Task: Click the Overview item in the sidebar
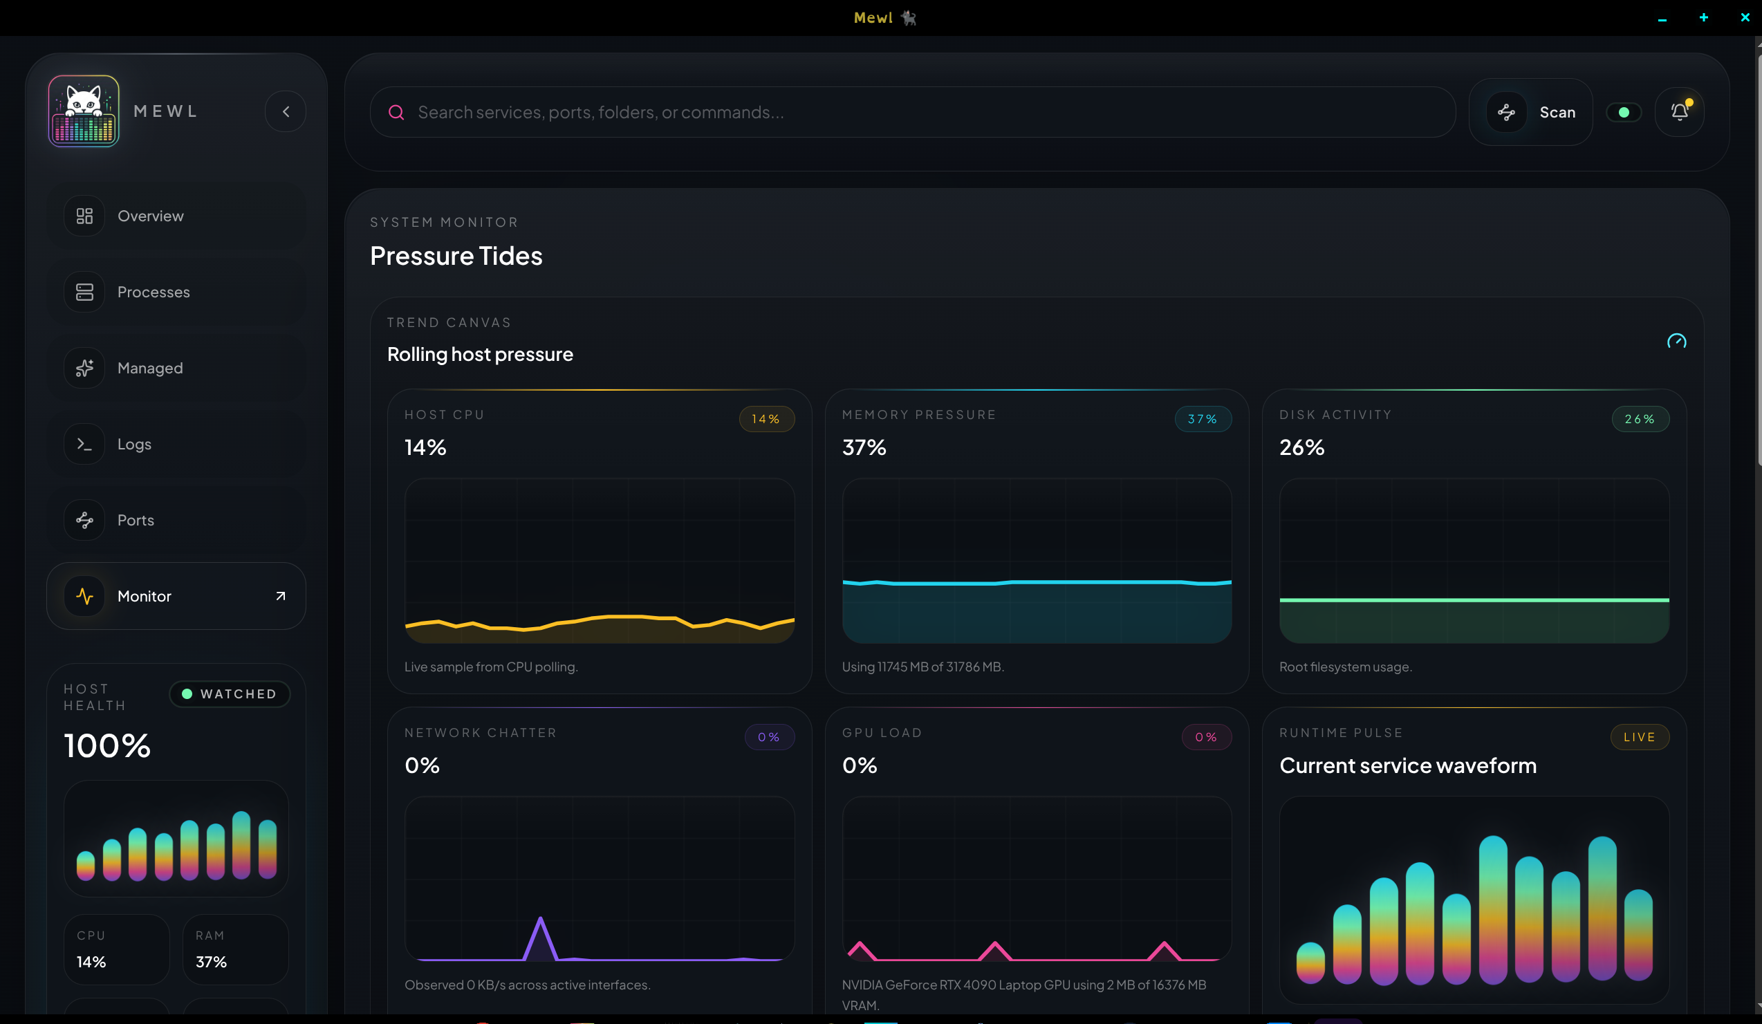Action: [149, 216]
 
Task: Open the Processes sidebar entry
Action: [152, 292]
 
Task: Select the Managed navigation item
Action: [149, 369]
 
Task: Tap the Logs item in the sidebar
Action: [133, 445]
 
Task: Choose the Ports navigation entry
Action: [135, 520]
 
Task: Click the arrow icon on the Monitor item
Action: [280, 596]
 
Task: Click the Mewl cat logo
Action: [84, 111]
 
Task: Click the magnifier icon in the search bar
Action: [396, 113]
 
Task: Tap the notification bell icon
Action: [1680, 112]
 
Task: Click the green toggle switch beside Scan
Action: [1624, 113]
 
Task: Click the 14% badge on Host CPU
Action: [766, 420]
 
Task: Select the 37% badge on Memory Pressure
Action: [1203, 420]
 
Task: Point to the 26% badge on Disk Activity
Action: [1640, 420]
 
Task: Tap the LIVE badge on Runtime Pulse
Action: [1639, 738]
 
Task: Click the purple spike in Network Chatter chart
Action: [541, 937]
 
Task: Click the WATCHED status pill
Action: [230, 694]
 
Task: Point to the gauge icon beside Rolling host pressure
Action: [1676, 341]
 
